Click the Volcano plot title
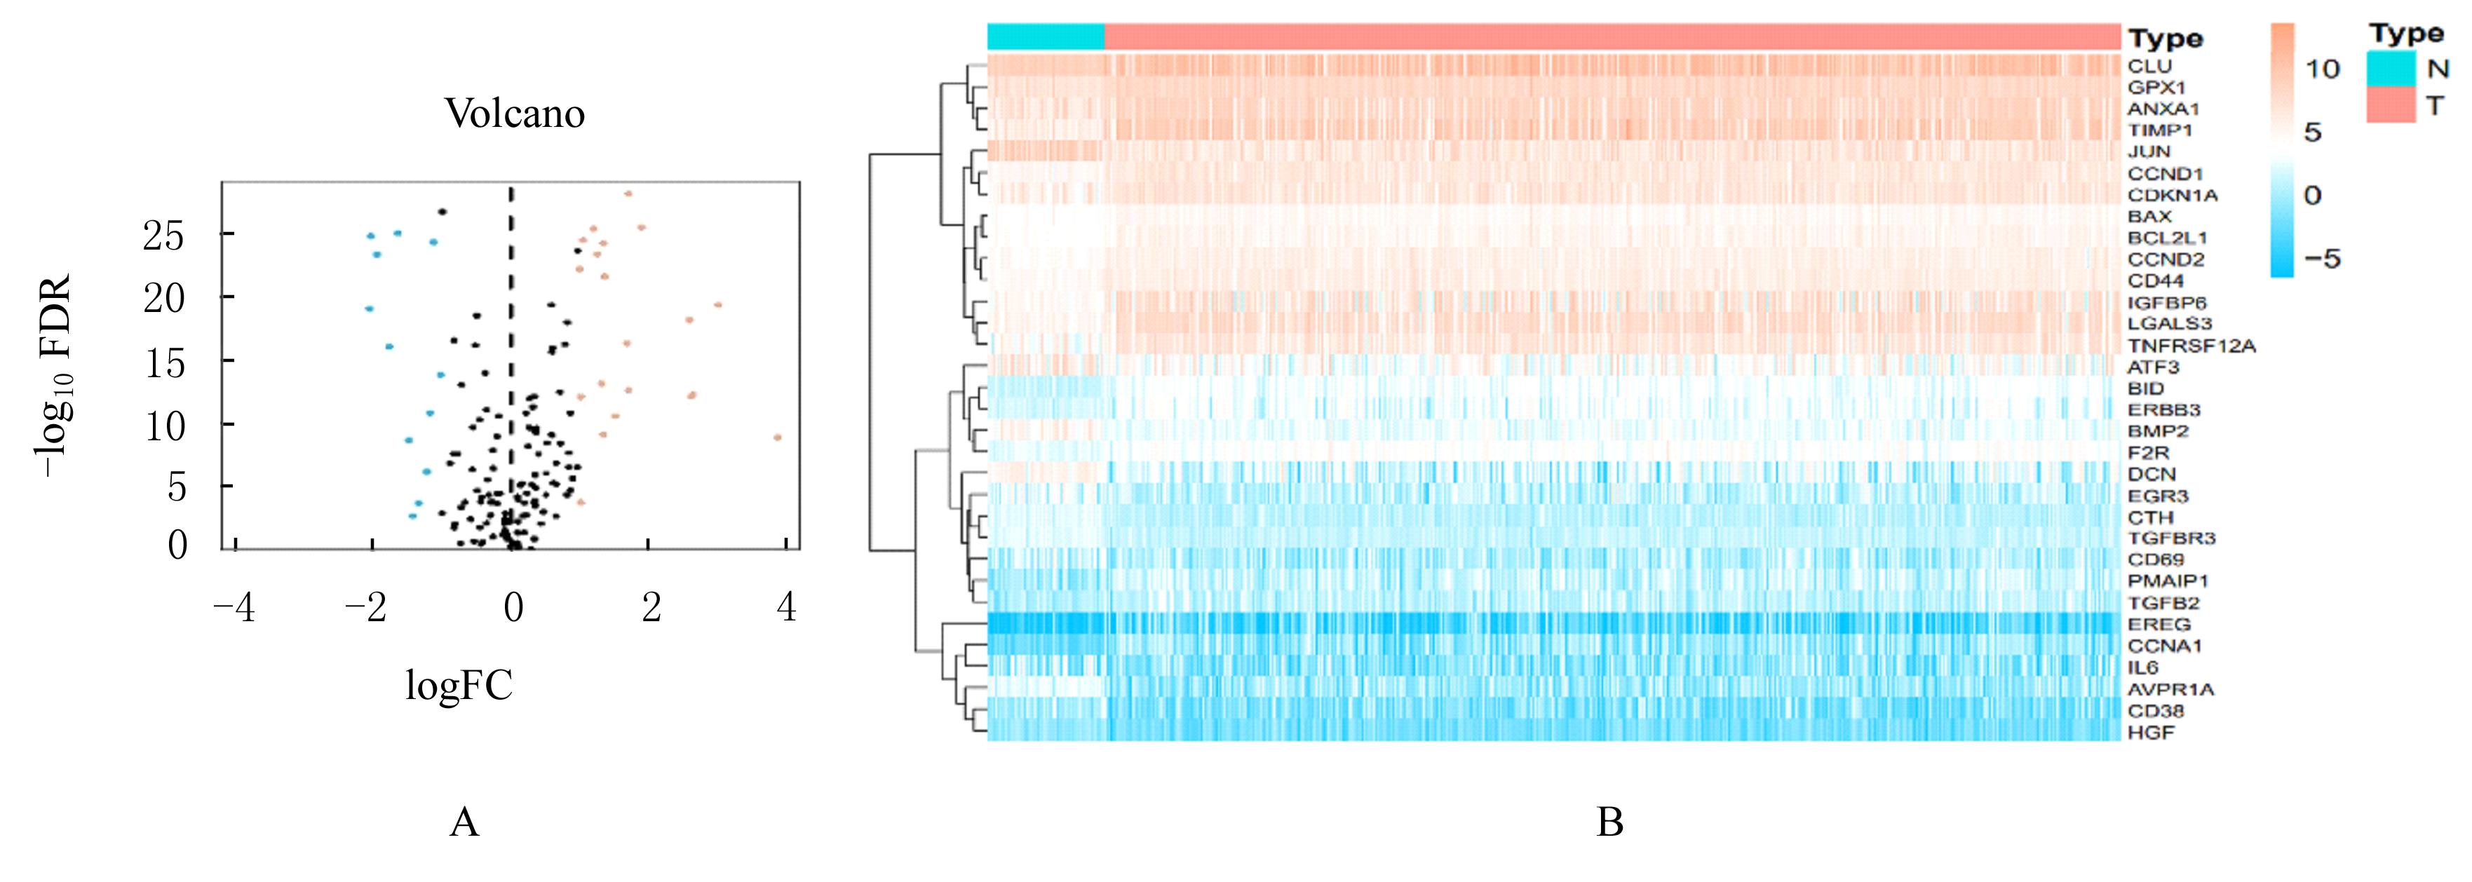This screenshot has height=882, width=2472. [514, 114]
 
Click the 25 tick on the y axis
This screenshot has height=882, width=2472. [163, 235]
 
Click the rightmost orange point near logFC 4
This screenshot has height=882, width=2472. [777, 437]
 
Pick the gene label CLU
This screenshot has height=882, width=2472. [2149, 66]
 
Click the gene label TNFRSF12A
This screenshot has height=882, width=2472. [2191, 346]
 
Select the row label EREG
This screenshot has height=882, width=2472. [2159, 625]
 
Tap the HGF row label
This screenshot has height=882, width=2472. [2151, 732]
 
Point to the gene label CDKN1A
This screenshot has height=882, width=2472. [2173, 196]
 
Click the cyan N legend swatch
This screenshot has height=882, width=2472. [2391, 68]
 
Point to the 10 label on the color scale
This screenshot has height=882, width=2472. [2323, 69]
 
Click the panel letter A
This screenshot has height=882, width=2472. [464, 822]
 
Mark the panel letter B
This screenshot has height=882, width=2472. [1609, 822]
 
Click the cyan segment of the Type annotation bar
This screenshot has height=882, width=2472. [1046, 36]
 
